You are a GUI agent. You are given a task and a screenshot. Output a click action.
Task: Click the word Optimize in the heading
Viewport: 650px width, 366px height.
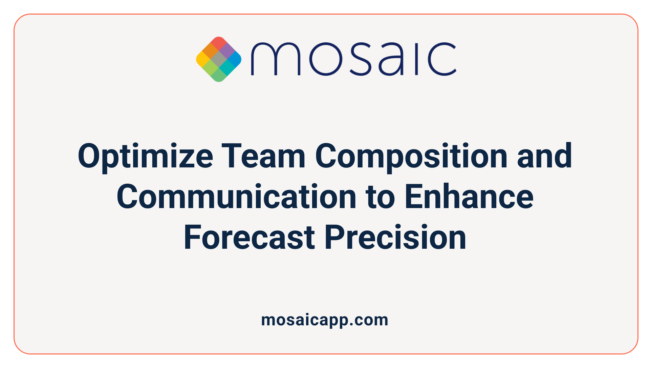pos(145,157)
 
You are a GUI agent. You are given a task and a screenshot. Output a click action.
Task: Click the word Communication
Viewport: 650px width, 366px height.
pos(236,197)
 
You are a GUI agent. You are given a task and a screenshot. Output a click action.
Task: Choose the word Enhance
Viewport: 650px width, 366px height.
pos(469,197)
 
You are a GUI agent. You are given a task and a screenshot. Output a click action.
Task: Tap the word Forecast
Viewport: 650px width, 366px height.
pos(249,238)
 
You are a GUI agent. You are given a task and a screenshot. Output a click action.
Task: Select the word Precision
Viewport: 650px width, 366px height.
pos(395,238)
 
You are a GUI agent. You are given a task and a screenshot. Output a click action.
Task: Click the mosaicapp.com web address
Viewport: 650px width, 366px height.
pos(325,320)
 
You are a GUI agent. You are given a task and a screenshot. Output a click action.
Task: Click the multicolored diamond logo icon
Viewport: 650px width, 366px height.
pos(219,59)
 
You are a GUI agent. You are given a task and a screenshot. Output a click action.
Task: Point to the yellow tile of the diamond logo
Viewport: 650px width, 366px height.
pos(203,59)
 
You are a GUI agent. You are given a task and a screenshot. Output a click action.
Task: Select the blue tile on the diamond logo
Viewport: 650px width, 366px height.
pos(235,59)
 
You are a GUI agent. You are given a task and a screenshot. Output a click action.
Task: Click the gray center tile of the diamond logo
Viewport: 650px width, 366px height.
pos(219,59)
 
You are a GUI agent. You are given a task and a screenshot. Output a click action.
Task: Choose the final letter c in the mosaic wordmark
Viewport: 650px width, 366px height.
pos(442,59)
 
